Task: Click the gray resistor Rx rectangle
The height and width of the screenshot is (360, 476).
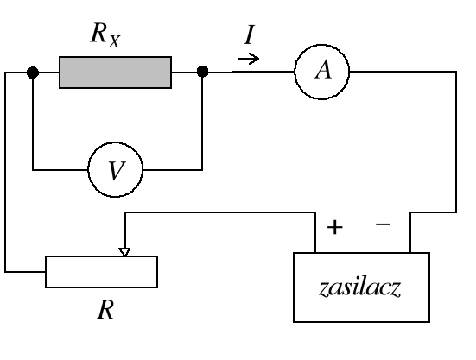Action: click(x=115, y=73)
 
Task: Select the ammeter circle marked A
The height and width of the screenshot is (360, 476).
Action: click(x=322, y=73)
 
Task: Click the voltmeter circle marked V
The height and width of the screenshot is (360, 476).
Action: click(x=116, y=170)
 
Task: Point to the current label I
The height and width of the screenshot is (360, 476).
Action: click(x=249, y=37)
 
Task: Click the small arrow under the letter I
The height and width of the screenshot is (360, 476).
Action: click(x=248, y=60)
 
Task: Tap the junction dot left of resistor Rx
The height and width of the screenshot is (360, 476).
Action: click(x=32, y=73)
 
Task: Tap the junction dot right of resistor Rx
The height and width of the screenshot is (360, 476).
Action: click(x=202, y=73)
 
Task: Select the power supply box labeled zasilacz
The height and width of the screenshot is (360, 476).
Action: click(x=361, y=287)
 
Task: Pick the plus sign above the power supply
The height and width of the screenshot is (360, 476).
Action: click(x=335, y=228)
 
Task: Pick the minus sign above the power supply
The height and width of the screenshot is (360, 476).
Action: click(x=384, y=224)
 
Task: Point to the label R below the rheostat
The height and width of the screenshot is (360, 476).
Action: click(x=105, y=311)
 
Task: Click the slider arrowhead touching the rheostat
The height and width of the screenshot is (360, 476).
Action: click(x=125, y=251)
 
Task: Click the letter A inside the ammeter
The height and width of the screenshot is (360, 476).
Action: click(x=322, y=73)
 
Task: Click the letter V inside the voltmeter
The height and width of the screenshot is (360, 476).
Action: click(x=116, y=171)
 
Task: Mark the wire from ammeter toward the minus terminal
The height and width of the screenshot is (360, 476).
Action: click(x=455, y=138)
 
